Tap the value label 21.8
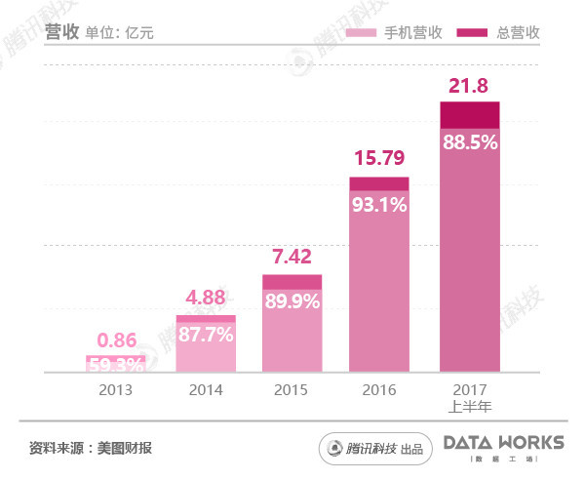click(x=469, y=87)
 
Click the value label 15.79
click(x=379, y=158)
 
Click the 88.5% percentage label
click(x=469, y=142)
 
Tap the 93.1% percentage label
click(x=379, y=204)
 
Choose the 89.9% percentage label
click(x=292, y=301)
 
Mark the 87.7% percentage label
click(x=205, y=335)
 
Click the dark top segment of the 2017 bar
click(x=469, y=115)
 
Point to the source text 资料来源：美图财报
click(x=91, y=448)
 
